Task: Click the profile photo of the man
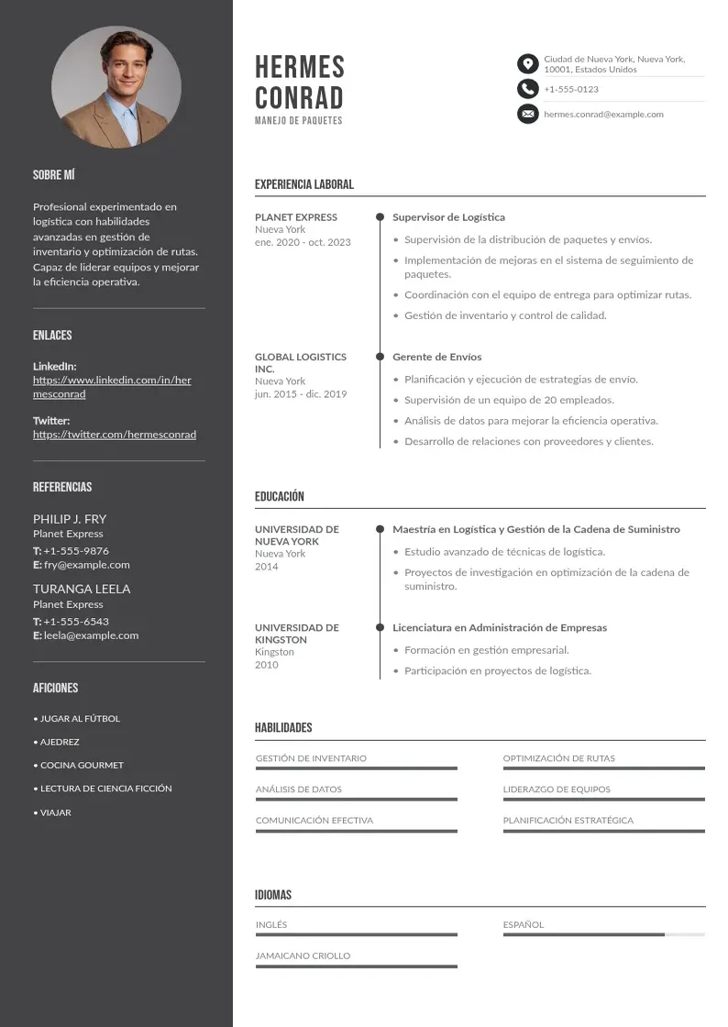coord(116,90)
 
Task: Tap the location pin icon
coord(527,63)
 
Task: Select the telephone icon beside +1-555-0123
coord(527,89)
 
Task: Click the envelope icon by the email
coord(527,114)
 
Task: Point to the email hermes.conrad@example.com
coord(603,115)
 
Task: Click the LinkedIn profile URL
coord(112,387)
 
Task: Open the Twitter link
coord(115,435)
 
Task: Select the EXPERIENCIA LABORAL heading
coord(303,184)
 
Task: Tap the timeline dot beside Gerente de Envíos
coord(380,357)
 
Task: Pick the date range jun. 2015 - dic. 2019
coord(301,394)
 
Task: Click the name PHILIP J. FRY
coord(70,519)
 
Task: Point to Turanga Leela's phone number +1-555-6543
coord(76,622)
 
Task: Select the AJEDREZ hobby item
coord(60,742)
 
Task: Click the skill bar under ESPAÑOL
coord(603,934)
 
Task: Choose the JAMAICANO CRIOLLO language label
coord(303,955)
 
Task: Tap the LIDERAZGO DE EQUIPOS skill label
coord(556,790)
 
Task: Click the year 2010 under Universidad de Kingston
coord(266,665)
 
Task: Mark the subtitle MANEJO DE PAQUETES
coord(298,121)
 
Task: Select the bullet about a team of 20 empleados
coord(509,400)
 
